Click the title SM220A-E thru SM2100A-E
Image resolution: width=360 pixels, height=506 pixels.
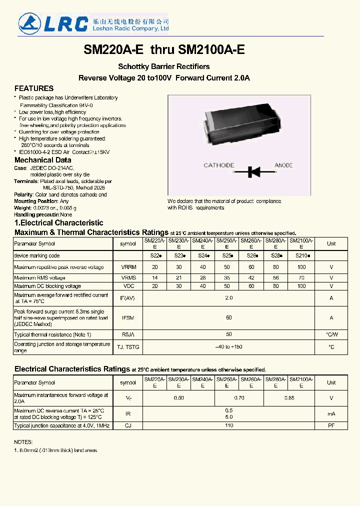[x=164, y=50]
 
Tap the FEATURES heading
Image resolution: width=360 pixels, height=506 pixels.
[x=34, y=88]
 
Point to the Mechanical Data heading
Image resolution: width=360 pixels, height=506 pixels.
[x=42, y=160]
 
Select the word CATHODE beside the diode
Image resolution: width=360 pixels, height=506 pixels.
[x=218, y=165]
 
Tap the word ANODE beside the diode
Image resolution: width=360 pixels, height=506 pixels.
[x=283, y=165]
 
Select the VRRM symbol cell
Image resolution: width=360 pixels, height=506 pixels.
[x=128, y=267]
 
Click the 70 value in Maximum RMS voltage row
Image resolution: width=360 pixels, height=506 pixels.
[x=301, y=277]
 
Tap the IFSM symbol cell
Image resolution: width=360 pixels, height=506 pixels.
[x=128, y=317]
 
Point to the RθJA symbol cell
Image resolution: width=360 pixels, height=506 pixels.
[x=128, y=334]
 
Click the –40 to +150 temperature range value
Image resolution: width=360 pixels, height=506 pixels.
[x=228, y=347]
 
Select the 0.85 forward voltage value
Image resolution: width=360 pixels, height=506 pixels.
[x=289, y=398]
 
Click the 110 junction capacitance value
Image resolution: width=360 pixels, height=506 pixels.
[x=228, y=425]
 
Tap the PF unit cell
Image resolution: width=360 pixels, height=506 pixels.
[x=331, y=425]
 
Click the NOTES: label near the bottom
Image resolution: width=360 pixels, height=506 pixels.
[x=23, y=442]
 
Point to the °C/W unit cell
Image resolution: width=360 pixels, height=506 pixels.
[x=331, y=334]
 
